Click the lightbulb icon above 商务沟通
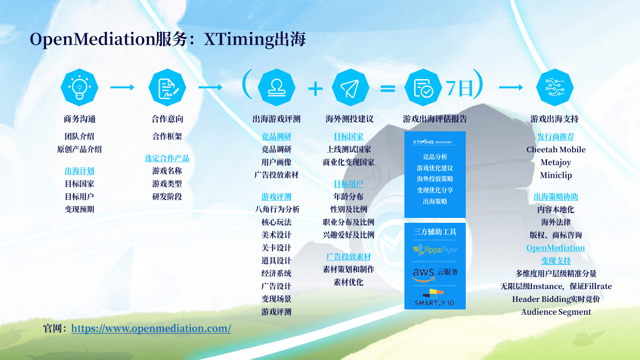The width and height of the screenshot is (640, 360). (80, 87)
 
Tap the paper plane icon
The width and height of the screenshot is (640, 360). (350, 88)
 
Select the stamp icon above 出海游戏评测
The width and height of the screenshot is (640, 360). (276, 88)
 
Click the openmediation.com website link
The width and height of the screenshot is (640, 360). (151, 328)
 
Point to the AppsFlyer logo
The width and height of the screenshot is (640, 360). (435, 250)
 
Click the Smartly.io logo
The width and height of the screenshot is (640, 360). (434, 298)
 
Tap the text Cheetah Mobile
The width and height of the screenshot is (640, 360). (556, 150)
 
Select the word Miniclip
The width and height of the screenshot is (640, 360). (556, 175)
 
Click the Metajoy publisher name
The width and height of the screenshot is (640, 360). (556, 163)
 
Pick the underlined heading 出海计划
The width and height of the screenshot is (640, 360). (80, 171)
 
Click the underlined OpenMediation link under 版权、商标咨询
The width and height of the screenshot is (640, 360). (556, 248)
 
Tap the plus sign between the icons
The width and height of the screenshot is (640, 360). (316, 88)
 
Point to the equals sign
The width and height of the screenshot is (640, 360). (388, 88)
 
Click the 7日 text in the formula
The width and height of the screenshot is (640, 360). (459, 88)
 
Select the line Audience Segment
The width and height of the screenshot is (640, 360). (556, 312)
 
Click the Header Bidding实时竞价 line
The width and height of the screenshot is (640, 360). (556, 299)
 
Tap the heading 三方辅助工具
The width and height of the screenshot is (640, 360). (435, 232)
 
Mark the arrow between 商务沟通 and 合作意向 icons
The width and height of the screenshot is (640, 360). (122, 87)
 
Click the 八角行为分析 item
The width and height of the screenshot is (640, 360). (277, 209)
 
